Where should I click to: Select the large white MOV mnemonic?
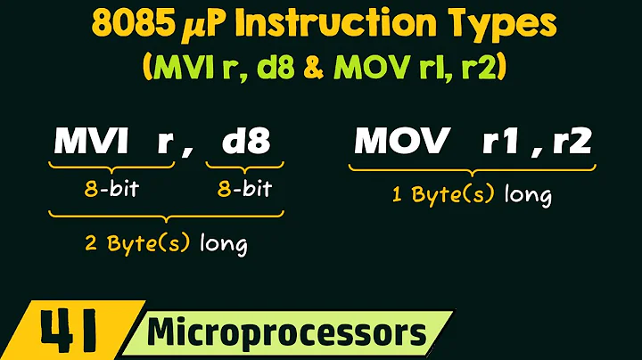tap(398, 142)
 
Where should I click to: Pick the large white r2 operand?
tap(568, 142)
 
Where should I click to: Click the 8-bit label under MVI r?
tap(110, 190)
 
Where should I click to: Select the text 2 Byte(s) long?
tap(165, 243)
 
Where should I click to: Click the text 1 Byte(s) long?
tap(472, 195)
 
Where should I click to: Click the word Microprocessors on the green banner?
tap(286, 334)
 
